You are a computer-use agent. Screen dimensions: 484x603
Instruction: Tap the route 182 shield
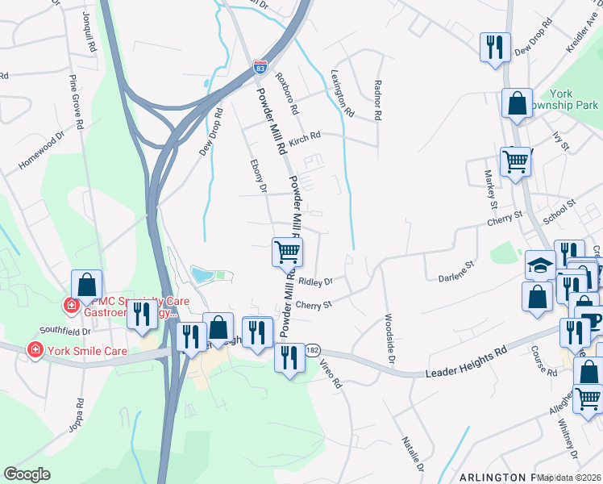tap(314, 350)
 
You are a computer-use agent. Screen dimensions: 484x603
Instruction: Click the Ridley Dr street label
tap(316, 282)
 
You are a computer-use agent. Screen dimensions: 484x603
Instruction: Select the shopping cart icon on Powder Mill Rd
tap(287, 252)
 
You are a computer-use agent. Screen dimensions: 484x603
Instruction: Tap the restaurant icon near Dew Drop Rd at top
tap(494, 47)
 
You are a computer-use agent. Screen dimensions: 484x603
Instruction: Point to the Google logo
tap(27, 474)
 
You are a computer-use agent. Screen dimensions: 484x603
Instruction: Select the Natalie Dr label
tap(413, 453)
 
